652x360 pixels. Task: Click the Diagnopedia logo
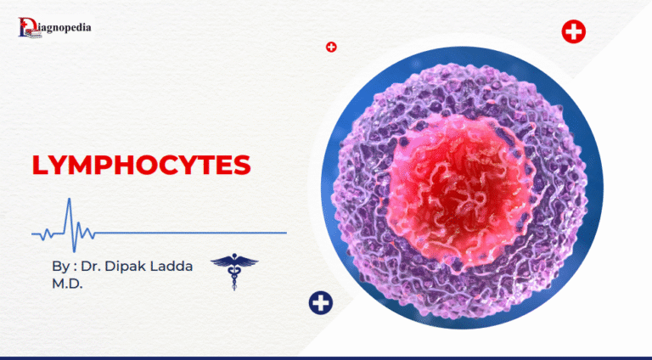pos(55,28)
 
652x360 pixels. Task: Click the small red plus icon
pos(331,47)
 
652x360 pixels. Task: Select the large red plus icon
pos(574,33)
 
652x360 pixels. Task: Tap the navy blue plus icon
pos(321,301)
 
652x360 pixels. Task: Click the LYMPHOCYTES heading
pos(141,165)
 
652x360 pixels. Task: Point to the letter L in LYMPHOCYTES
pos(40,165)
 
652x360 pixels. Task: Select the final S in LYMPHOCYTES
pos(242,165)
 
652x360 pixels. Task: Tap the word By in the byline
pos(59,266)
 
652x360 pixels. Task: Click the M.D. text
pos(67,283)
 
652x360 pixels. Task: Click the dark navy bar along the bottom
pos(326,357)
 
